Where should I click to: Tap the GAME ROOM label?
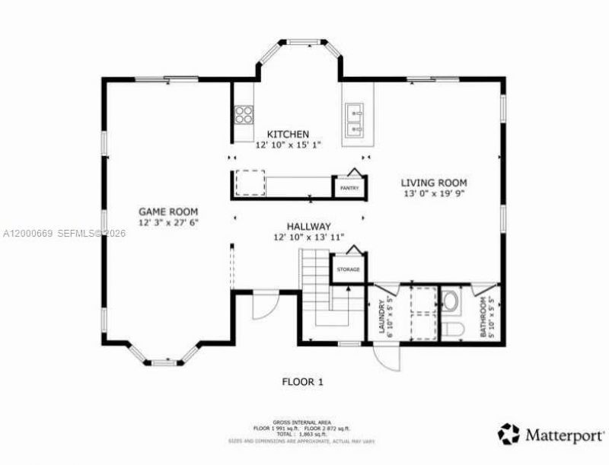point(168,212)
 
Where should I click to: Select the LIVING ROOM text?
point(434,183)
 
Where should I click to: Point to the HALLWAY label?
point(308,226)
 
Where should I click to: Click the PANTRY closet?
point(349,186)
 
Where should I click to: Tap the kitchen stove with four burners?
point(244,115)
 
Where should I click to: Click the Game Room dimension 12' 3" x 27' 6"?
point(168,223)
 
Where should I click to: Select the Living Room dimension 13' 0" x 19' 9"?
point(434,194)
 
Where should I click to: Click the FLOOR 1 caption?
point(302,382)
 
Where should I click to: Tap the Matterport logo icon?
point(509,434)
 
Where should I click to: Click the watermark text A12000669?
point(27,233)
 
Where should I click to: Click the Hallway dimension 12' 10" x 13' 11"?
point(308,237)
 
